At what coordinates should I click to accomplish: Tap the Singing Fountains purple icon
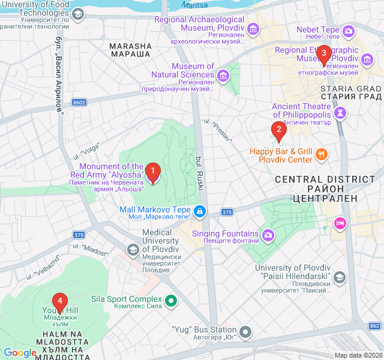click(x=268, y=234)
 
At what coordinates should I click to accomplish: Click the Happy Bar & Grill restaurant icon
click(x=322, y=155)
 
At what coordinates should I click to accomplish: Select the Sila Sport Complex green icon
click(x=171, y=299)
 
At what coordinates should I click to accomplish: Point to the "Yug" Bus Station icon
click(x=245, y=331)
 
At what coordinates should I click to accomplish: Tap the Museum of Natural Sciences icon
click(x=223, y=75)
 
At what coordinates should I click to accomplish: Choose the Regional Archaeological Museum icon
click(x=253, y=29)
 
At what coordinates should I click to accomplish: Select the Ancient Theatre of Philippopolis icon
click(x=340, y=112)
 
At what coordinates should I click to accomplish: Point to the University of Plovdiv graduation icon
click(x=340, y=277)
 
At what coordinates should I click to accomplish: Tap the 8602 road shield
click(x=79, y=103)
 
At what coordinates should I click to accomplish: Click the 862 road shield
click(x=374, y=326)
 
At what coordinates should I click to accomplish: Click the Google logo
click(x=20, y=353)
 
